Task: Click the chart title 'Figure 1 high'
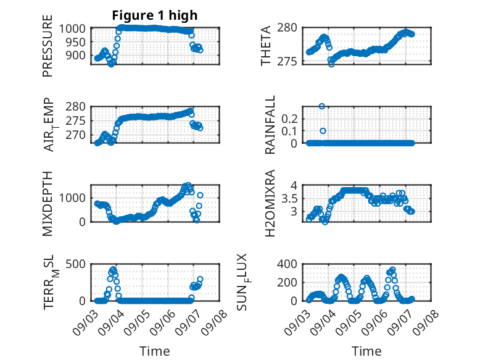[x=155, y=15]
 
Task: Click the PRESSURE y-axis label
[x=48, y=46]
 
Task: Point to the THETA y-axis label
[x=266, y=46]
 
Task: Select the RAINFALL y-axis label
[x=270, y=125]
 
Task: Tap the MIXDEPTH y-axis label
[x=48, y=204]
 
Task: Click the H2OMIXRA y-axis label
[x=270, y=203]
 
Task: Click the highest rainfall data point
[x=321, y=106]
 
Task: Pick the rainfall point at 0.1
[x=323, y=131]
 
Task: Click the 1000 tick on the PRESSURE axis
[x=72, y=28]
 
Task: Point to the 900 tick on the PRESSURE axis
[x=75, y=56]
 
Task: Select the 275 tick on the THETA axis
[x=287, y=62]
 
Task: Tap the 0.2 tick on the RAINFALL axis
[x=289, y=119]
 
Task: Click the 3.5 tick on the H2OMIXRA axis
[x=289, y=199]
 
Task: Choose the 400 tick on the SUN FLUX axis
[x=287, y=264]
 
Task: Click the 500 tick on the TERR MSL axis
[x=75, y=264]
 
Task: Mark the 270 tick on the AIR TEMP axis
[x=75, y=135]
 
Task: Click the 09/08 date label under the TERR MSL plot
[x=214, y=322]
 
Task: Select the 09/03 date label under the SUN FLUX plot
[x=297, y=322]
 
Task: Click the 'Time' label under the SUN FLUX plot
[x=366, y=351]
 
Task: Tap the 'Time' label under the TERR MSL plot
[x=155, y=351]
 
